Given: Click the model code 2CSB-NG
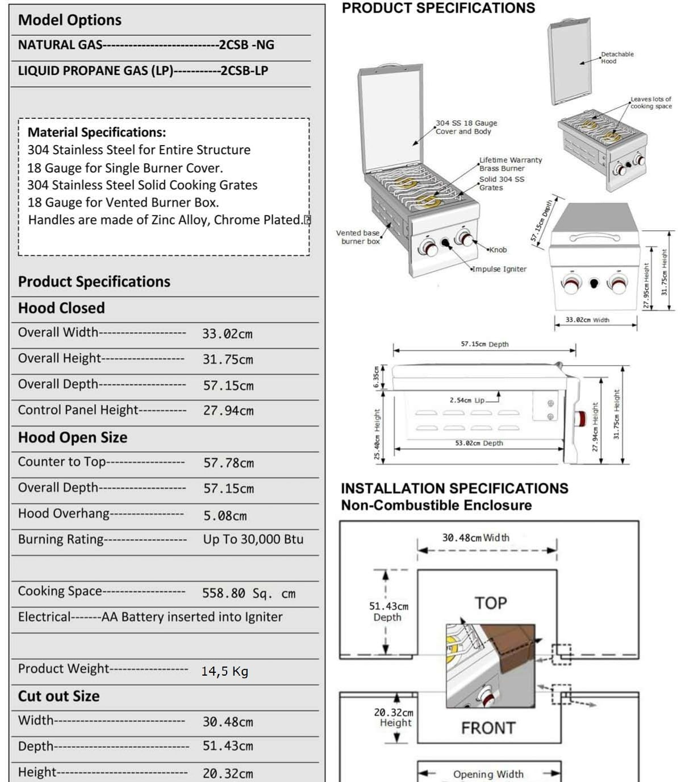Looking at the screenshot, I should (x=246, y=45).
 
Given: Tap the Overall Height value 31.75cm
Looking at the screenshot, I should (x=228, y=359).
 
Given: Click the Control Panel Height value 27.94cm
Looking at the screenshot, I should (x=228, y=411).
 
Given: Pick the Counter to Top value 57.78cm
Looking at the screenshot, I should (x=228, y=463).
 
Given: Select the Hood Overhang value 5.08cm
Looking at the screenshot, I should (x=225, y=516).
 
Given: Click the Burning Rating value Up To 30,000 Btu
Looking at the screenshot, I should (x=253, y=539).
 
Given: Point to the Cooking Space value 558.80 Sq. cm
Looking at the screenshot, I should (x=248, y=593).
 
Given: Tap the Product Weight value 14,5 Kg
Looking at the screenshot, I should (x=224, y=671).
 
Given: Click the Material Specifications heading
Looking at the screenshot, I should (x=97, y=133).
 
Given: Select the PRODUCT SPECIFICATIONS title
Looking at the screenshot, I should (x=438, y=8).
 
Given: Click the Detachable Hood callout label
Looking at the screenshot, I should (x=617, y=57).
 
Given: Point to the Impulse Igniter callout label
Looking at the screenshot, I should (x=500, y=269).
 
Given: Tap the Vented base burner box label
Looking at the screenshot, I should (x=358, y=237).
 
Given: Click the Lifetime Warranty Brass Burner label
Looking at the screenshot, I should (x=510, y=164).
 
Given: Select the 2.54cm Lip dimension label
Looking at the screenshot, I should (x=467, y=400).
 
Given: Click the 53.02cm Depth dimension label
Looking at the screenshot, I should (x=479, y=443).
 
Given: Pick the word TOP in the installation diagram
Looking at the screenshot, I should (x=490, y=603).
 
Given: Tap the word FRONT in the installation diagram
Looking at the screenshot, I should (x=488, y=728).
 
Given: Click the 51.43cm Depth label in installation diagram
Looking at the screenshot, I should (x=388, y=611).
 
